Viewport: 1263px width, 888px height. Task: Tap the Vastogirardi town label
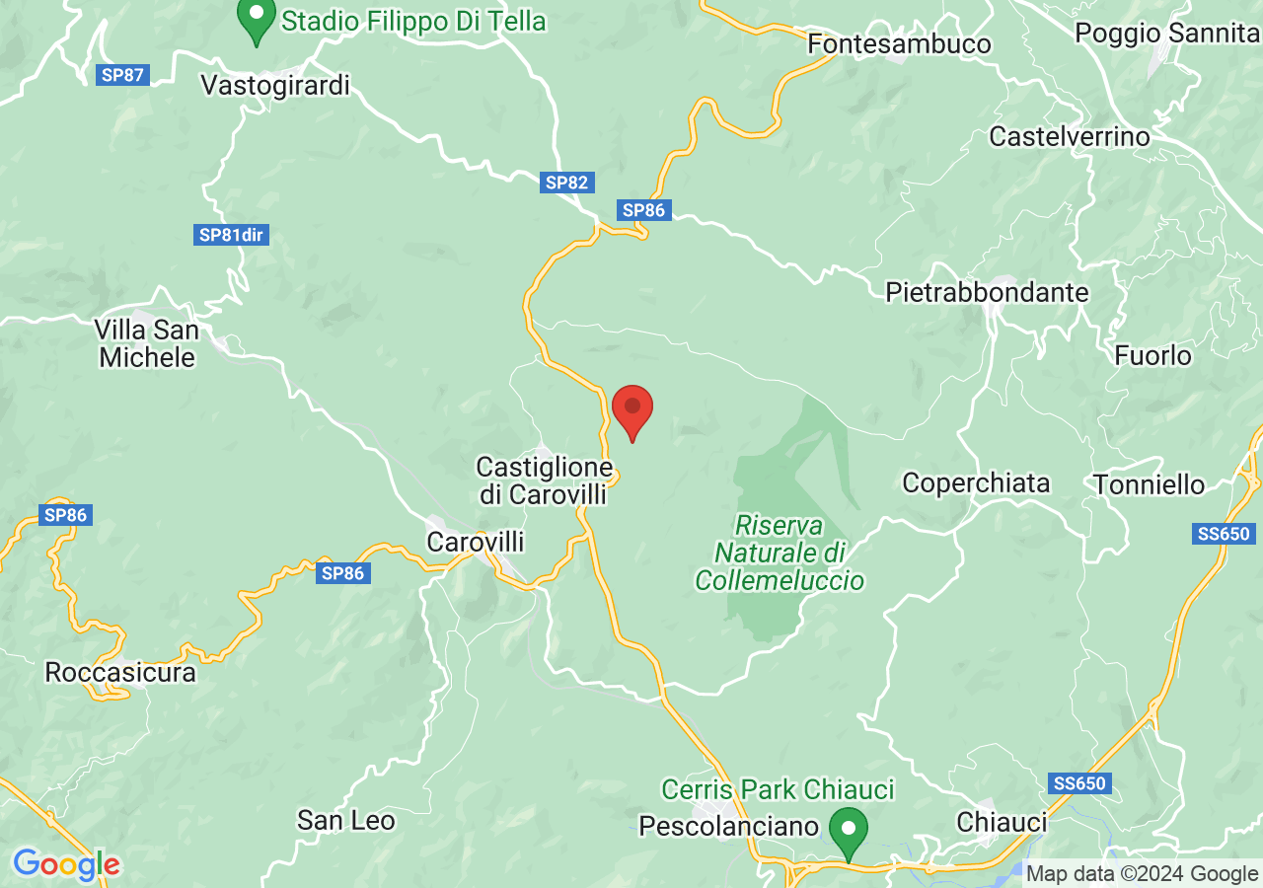pos(275,85)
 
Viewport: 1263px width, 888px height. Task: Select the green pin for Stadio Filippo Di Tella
pos(257,21)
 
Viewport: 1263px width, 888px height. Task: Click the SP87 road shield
pos(123,75)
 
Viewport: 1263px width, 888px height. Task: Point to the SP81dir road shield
pos(234,235)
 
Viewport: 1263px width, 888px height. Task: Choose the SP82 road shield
pos(566,182)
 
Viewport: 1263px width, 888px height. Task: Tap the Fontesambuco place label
pos(899,44)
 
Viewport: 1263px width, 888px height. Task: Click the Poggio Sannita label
pos(1165,33)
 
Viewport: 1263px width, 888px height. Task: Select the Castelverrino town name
pos(1070,136)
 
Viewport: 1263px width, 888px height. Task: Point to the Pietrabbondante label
pos(987,292)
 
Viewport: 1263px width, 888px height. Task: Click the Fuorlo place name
pos(1153,354)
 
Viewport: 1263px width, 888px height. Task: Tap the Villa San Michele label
pos(147,342)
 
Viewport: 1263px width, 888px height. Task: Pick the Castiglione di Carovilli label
pos(544,481)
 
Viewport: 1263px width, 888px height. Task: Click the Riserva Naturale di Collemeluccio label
pos(780,553)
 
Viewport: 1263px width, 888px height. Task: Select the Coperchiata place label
pos(976,482)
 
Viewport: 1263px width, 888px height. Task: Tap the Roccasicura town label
pos(120,673)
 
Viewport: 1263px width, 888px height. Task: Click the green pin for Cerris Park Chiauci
pos(848,832)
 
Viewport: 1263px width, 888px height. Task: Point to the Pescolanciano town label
pos(729,825)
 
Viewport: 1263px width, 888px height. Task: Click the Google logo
pos(66,864)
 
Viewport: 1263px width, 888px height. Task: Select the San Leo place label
pos(346,820)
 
